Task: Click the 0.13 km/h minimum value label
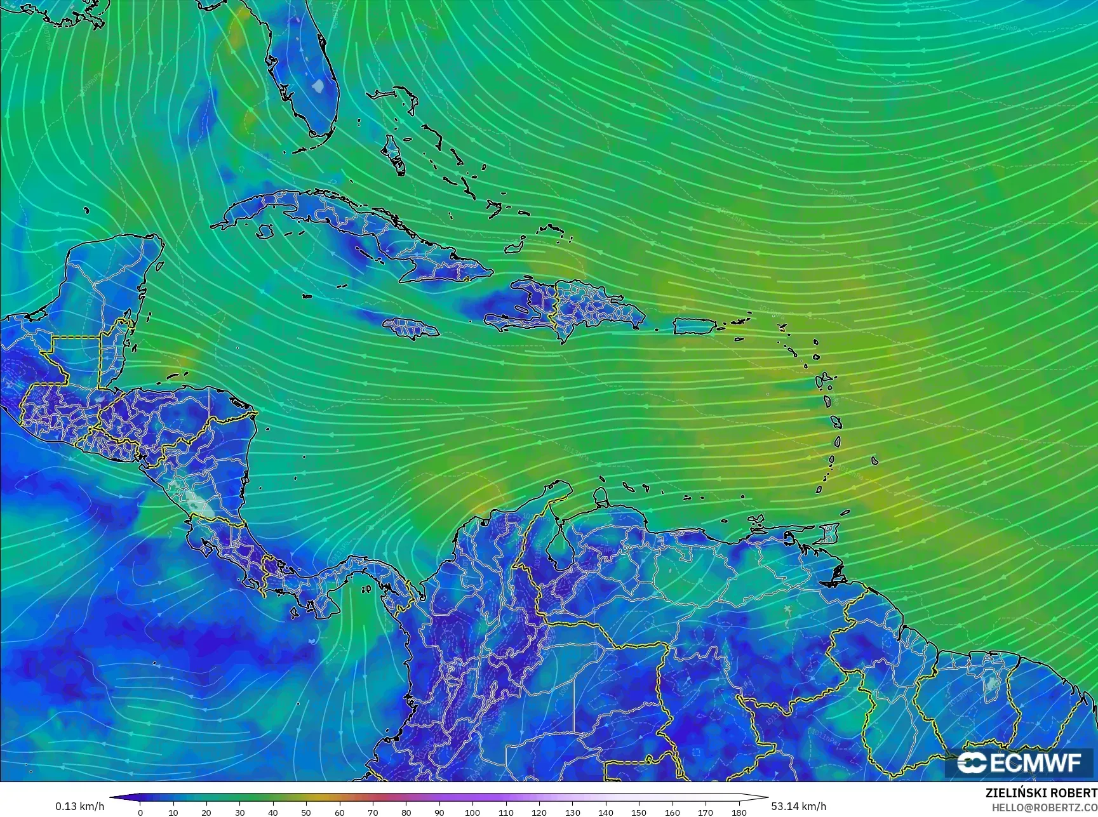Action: point(79,806)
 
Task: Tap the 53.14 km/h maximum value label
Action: point(798,806)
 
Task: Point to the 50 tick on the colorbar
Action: point(306,812)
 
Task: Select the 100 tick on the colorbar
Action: point(472,812)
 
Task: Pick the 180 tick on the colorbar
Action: point(739,812)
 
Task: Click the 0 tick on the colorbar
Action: point(140,812)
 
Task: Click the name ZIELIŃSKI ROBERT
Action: point(1041,793)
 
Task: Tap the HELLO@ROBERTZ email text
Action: point(1045,807)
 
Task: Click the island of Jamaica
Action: point(410,328)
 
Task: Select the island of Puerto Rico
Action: point(694,326)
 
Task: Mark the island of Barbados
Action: point(874,461)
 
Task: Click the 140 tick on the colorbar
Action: point(605,812)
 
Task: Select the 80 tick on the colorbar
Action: point(406,812)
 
